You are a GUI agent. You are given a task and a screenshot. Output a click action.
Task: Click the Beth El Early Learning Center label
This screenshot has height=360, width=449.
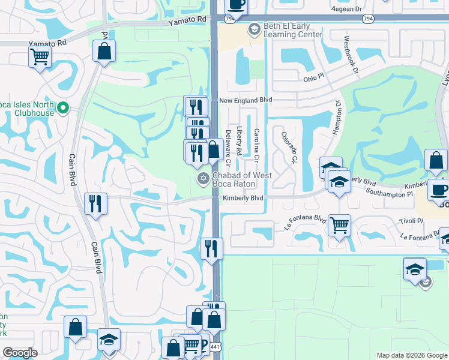coord(292,31)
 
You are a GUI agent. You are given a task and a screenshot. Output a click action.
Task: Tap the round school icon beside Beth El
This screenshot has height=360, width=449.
coord(254,28)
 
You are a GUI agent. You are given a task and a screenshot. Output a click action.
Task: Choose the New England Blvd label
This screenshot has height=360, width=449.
coord(246,100)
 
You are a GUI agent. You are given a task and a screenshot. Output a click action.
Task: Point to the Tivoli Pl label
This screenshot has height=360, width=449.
coord(411,221)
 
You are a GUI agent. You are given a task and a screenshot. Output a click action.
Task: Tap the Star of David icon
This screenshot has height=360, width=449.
coord(203,179)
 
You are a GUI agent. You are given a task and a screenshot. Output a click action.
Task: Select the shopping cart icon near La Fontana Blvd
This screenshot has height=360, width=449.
coord(340,225)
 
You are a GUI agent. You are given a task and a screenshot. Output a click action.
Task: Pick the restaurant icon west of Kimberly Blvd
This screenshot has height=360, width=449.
coord(95,203)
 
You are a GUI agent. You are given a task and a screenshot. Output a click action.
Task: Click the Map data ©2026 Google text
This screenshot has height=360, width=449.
coord(412,355)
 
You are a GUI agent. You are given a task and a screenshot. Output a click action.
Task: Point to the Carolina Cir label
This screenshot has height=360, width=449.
coord(256,144)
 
